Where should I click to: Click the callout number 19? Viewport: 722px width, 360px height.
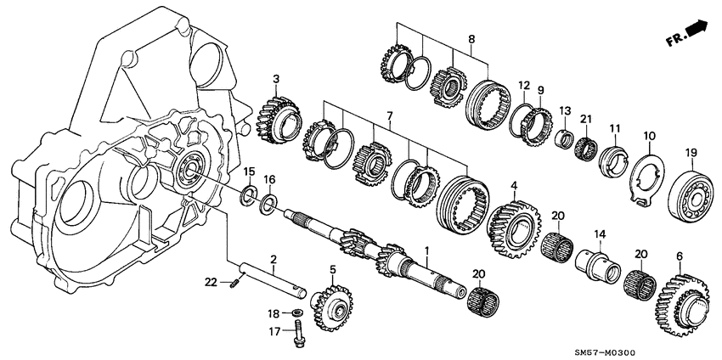pos(691,153)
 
